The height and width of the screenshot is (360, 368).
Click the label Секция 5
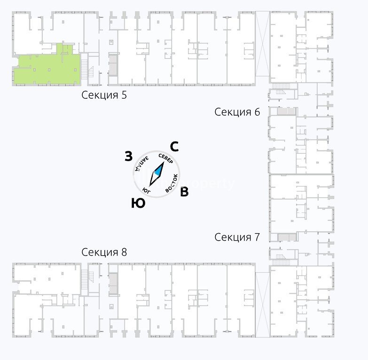[x=104, y=95]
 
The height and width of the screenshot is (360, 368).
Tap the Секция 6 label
[x=237, y=112]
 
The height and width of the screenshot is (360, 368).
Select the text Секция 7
[x=237, y=237]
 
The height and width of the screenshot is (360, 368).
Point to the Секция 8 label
[x=104, y=252]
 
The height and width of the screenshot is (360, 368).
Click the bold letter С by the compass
[x=173, y=147]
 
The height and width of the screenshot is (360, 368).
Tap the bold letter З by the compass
[x=128, y=157]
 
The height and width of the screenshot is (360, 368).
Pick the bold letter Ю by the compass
[x=138, y=203]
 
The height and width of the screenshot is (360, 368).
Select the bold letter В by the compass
[x=185, y=192]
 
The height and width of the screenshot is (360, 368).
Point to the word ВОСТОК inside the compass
[x=172, y=183]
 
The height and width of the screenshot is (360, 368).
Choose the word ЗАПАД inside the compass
[x=142, y=163]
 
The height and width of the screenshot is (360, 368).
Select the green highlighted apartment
[x=45, y=70]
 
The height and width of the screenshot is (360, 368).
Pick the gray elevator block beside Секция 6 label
[x=286, y=111]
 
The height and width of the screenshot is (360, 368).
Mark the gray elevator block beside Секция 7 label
[x=286, y=237]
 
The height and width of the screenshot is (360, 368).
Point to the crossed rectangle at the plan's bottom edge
[x=262, y=305]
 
